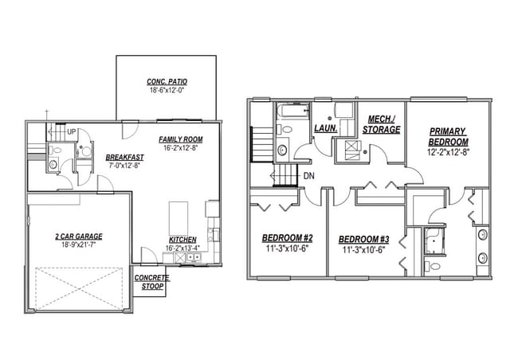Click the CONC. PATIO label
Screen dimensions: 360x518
tap(166, 82)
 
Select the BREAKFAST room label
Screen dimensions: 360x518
tap(124, 157)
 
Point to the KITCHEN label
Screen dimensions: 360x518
tap(182, 240)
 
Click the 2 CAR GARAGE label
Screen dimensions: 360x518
tap(78, 236)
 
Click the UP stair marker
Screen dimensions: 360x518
tap(72, 131)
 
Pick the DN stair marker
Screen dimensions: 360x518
tap(308, 177)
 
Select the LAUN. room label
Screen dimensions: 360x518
tap(324, 127)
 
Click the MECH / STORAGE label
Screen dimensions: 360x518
tap(381, 124)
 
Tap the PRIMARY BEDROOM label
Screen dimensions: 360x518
tap(447, 136)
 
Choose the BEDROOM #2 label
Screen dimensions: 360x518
tap(287, 238)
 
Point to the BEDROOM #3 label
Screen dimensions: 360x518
tap(363, 239)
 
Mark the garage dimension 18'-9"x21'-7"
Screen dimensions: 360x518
tap(78, 245)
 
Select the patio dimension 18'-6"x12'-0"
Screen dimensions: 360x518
tap(166, 91)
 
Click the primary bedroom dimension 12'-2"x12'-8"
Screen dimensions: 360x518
tap(447, 151)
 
